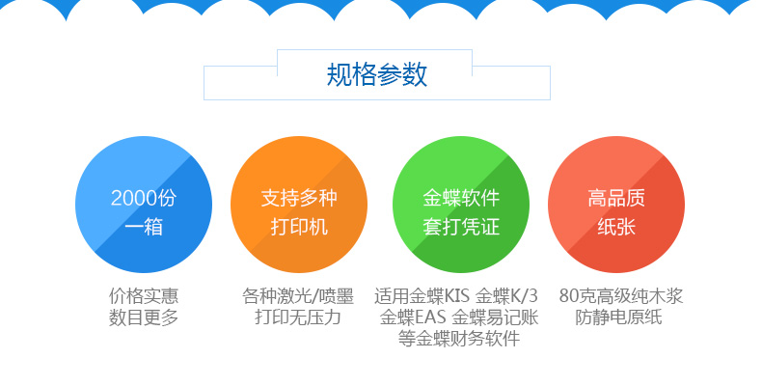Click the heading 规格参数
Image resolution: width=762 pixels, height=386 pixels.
click(x=376, y=74)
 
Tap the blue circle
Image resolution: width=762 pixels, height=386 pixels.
click(x=144, y=205)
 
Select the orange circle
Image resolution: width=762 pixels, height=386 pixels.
click(x=299, y=205)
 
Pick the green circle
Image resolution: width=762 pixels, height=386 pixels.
click(x=461, y=205)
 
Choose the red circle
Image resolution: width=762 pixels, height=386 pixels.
click(x=616, y=205)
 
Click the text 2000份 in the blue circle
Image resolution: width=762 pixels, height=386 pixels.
click(x=144, y=198)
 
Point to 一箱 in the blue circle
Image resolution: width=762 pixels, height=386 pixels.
click(x=144, y=227)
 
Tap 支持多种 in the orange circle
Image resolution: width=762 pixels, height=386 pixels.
click(x=299, y=198)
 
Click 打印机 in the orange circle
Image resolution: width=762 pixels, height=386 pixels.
click(x=299, y=227)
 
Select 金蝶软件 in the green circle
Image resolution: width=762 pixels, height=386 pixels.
click(x=461, y=198)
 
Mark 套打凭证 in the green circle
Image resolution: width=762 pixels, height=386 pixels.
click(x=461, y=227)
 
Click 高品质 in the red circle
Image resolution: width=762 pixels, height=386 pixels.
click(x=616, y=198)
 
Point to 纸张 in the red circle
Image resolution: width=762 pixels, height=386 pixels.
click(x=616, y=227)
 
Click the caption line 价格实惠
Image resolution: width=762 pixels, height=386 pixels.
click(x=144, y=295)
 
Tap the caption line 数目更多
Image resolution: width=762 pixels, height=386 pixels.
click(x=144, y=317)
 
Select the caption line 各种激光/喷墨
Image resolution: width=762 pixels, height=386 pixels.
click(x=298, y=295)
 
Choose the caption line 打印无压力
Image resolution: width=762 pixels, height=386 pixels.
click(x=298, y=317)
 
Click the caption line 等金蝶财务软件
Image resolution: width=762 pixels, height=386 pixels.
click(x=459, y=339)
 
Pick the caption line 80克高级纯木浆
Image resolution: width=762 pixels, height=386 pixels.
click(x=620, y=295)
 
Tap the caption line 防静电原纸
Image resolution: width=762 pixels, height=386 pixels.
click(x=618, y=317)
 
